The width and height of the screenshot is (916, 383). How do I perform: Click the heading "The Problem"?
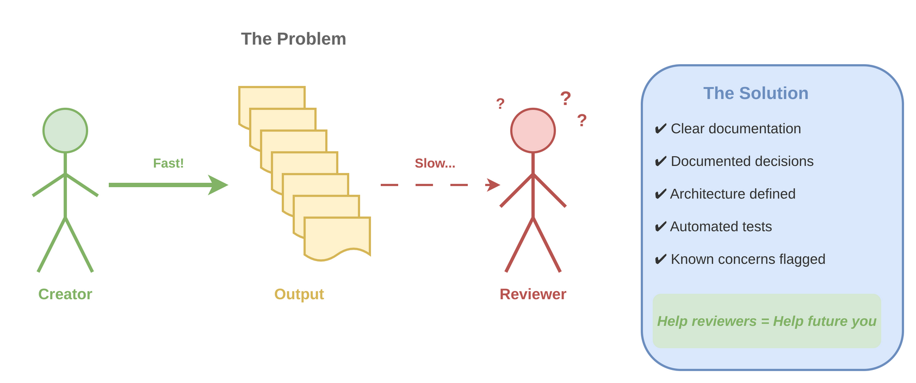click(x=293, y=39)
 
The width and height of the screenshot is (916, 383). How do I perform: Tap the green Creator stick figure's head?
click(x=65, y=131)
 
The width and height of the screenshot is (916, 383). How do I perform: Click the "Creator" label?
click(x=65, y=294)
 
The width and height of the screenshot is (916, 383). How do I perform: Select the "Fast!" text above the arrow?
click(x=168, y=163)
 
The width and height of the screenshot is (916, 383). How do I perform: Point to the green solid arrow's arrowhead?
click(x=219, y=185)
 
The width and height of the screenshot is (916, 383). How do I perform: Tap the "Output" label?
click(x=299, y=294)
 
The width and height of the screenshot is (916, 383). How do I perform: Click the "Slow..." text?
click(x=435, y=163)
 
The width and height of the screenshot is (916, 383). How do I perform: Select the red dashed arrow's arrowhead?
click(x=493, y=185)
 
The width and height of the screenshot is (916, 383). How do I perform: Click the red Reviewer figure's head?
click(x=533, y=131)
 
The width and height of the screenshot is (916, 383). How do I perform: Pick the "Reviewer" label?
click(x=533, y=294)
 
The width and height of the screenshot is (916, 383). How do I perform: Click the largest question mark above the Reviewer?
click(x=566, y=98)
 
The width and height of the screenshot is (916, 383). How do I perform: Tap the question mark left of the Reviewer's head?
click(x=500, y=103)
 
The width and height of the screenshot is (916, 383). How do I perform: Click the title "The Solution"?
click(x=756, y=94)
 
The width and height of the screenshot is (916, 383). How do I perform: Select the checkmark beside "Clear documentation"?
click(x=660, y=129)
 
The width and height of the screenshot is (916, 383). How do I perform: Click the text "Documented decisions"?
click(x=742, y=162)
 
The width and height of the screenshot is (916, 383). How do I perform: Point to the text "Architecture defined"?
click(x=733, y=194)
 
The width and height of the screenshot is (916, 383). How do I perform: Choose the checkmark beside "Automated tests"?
click(x=660, y=227)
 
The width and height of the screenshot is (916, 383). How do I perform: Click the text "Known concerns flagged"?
click(x=748, y=260)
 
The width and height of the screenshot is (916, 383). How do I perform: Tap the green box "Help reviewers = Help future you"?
click(x=766, y=321)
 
